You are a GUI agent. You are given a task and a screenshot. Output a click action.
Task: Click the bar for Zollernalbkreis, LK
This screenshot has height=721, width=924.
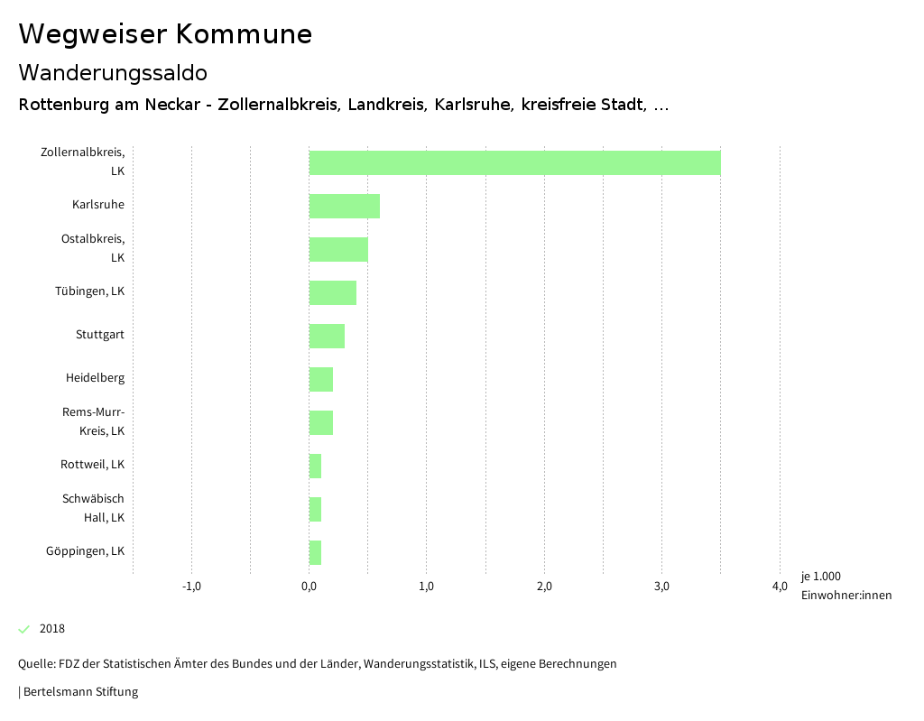point(514,162)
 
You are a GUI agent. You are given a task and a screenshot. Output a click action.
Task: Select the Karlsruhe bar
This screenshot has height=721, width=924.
point(344,206)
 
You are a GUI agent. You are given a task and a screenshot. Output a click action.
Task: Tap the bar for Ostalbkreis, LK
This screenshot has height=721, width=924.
point(338,249)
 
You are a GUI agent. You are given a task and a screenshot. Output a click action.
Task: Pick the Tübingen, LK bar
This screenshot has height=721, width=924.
point(332,292)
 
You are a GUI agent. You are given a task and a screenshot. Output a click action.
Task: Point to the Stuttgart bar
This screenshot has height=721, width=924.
point(327,336)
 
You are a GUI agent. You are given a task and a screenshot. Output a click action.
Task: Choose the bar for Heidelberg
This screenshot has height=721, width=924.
point(321,379)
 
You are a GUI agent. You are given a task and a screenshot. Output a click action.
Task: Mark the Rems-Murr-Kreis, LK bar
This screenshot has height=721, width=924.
point(321,422)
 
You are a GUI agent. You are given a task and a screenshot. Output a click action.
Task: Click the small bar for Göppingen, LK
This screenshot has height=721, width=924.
point(315,552)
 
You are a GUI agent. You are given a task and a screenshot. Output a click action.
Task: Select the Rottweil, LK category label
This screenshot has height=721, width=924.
point(92,465)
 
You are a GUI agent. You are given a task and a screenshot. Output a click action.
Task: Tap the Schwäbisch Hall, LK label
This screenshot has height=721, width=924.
point(93,508)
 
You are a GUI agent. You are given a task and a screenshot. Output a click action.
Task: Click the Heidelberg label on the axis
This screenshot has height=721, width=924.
point(95,378)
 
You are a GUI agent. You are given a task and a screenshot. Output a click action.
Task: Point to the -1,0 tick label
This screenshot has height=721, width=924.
point(191,587)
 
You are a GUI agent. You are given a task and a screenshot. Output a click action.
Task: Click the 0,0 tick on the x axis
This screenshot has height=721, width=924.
point(309,587)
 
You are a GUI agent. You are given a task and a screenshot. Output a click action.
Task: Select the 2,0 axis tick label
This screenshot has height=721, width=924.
point(544,587)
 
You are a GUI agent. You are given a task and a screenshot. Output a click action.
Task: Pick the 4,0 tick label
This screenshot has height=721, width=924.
point(780,587)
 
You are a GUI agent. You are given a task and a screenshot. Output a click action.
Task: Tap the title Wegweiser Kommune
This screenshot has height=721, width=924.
point(165,34)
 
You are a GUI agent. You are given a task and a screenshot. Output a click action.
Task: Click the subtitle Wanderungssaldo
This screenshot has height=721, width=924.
point(113,72)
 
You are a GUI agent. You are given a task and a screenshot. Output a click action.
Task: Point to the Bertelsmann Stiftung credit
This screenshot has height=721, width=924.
point(79,692)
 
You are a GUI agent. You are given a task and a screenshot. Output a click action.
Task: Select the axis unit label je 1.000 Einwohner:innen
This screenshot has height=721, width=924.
point(845,586)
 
